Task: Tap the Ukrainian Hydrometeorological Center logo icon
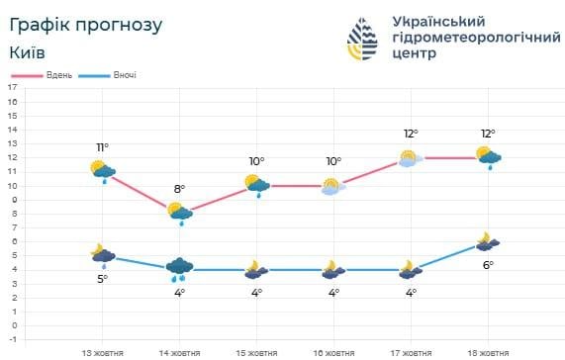point(363,38)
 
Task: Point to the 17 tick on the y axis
point(13,87)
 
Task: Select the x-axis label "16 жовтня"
point(332,351)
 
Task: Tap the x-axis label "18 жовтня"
point(486,351)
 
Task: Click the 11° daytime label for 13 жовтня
point(102,147)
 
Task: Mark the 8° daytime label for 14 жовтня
point(179,189)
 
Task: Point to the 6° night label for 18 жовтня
point(487,264)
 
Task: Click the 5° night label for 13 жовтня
point(102,278)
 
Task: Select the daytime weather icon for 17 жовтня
point(411,157)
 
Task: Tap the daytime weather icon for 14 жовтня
point(180,212)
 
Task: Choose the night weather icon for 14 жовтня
point(180,267)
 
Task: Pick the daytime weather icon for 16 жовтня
point(332,186)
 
